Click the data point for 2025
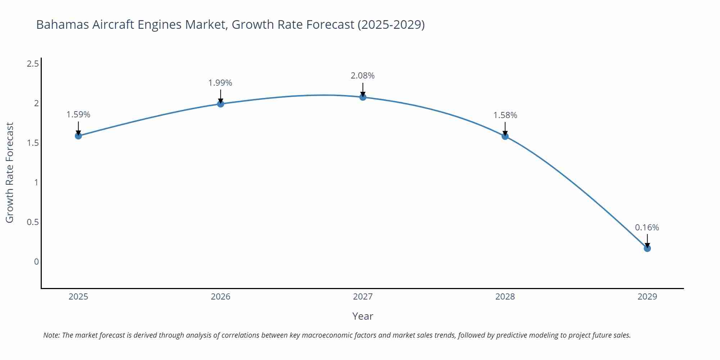[x=78, y=136]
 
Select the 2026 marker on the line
[x=221, y=104]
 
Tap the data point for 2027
[x=363, y=97]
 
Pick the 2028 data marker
[x=505, y=136]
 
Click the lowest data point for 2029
[x=647, y=248]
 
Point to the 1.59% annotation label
[x=78, y=114]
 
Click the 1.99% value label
[x=220, y=83]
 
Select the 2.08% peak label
[x=363, y=76]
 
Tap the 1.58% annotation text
[x=505, y=115]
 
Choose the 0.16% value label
[x=647, y=228]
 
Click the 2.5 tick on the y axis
[x=33, y=64]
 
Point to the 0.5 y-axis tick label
[x=33, y=222]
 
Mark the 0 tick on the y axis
[x=36, y=262]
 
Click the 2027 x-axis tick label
[x=363, y=297]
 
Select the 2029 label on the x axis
[x=647, y=297]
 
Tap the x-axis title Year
[x=363, y=316]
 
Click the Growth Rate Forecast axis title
[x=10, y=172]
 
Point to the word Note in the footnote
[x=51, y=335]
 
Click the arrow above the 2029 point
[x=647, y=240]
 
